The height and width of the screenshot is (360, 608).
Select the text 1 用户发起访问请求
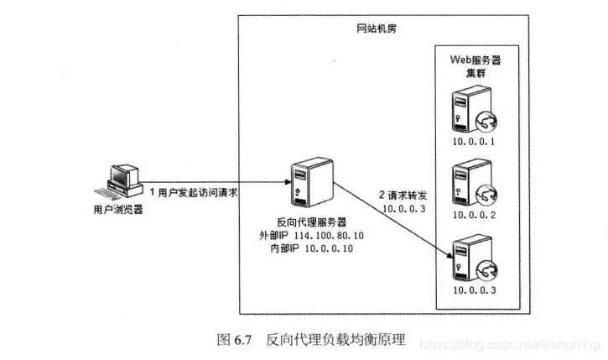tap(195, 193)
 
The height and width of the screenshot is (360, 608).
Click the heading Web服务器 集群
tap(475, 68)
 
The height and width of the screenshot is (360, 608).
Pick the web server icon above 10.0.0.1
tap(470, 115)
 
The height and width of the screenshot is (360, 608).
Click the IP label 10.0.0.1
tap(475, 143)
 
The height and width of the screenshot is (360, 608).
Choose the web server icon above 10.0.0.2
tap(470, 187)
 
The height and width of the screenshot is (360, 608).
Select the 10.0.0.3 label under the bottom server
tap(475, 290)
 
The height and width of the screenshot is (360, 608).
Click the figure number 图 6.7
tap(235, 340)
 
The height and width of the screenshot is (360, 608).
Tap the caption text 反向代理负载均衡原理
tap(335, 340)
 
